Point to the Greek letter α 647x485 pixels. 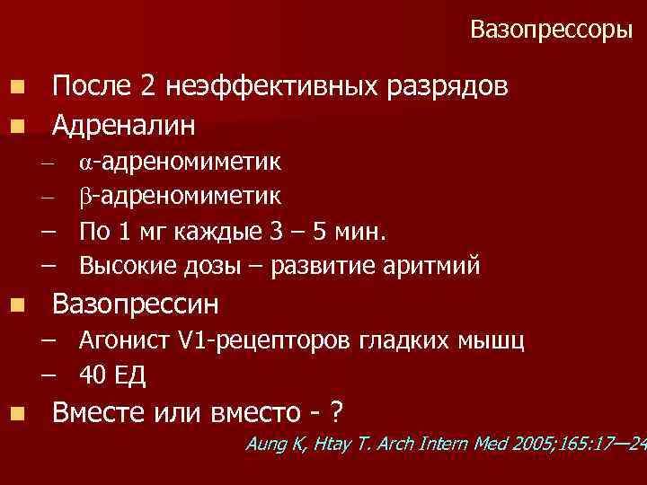(84, 163)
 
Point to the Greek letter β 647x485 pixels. (84, 197)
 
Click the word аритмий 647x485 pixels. (428, 266)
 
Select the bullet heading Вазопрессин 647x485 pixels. (136, 304)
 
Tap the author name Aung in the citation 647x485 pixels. (268, 443)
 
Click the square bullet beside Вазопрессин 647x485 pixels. (19, 305)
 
